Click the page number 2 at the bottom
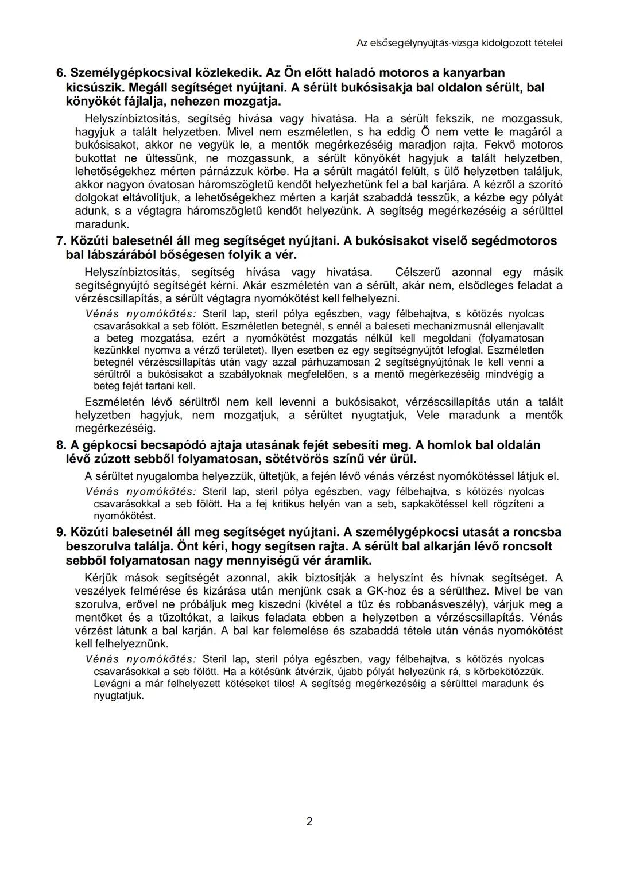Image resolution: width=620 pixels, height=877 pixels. (309, 822)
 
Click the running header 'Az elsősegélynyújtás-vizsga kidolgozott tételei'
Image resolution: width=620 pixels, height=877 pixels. (459, 42)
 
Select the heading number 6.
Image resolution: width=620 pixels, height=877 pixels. (60, 73)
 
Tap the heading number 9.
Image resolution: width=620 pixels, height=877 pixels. (60, 532)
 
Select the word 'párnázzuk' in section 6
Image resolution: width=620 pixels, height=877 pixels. (216, 172)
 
